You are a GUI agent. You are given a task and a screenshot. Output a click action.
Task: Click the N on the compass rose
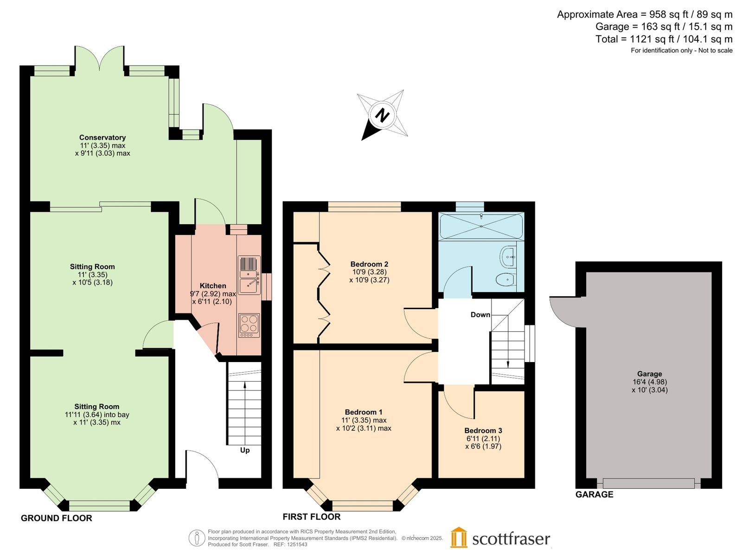click(382, 115)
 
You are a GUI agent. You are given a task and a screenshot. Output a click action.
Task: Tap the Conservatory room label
click(102, 137)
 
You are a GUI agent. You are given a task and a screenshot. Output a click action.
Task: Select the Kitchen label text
click(212, 286)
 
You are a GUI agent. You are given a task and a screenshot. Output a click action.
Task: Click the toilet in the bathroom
click(506, 279)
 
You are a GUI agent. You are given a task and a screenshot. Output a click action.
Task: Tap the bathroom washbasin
click(508, 257)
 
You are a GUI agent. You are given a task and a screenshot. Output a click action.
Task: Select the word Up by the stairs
click(245, 450)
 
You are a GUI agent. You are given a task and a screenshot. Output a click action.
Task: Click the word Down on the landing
click(480, 315)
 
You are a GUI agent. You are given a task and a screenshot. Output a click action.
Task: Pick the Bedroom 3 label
click(483, 431)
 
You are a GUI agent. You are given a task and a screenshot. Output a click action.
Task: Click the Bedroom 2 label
click(369, 264)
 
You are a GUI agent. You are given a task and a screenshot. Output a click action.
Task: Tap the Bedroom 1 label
click(364, 412)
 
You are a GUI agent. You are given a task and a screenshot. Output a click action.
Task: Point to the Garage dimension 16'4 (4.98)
click(650, 382)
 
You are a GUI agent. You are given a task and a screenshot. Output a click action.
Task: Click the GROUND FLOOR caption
click(57, 518)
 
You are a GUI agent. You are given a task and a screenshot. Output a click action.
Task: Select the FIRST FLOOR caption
click(312, 517)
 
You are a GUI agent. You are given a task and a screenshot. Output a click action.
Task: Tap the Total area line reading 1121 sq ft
click(664, 39)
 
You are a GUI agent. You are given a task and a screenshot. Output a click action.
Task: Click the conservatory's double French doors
click(99, 58)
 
